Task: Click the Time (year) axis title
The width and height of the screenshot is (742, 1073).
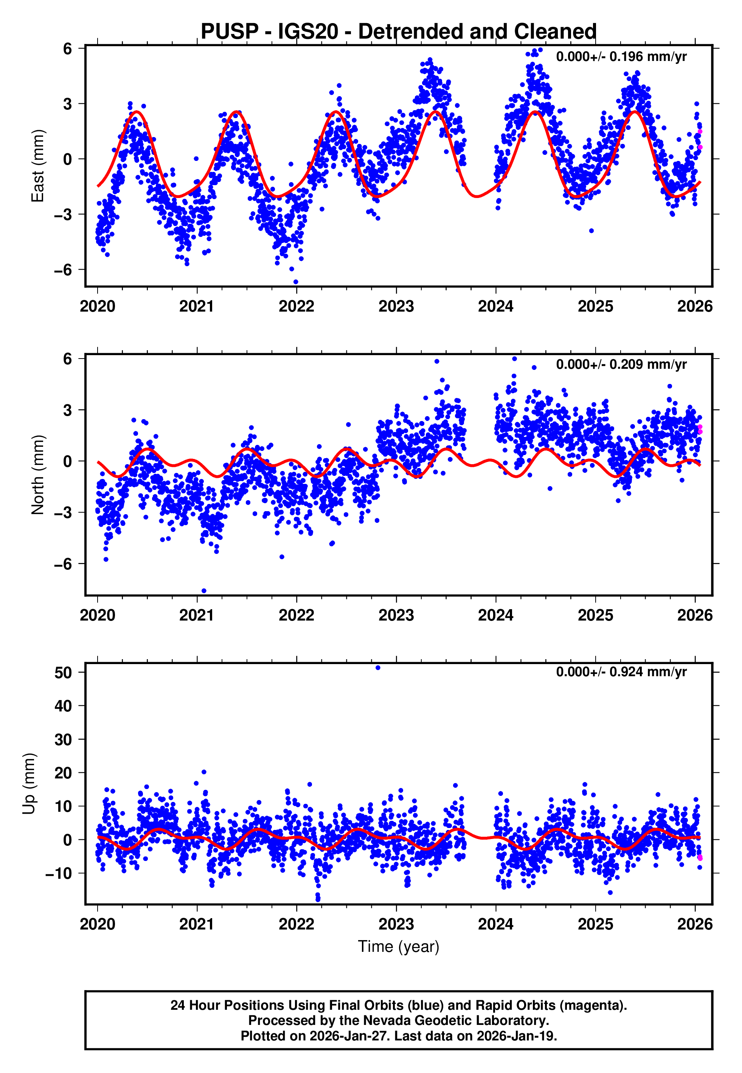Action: click(399, 947)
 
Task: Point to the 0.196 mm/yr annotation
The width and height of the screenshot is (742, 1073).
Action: click(621, 57)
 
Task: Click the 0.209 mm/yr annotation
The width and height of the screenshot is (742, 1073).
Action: click(621, 364)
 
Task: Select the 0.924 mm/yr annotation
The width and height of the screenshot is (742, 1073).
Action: click(621, 672)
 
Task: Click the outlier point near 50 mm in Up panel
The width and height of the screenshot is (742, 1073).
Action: click(378, 668)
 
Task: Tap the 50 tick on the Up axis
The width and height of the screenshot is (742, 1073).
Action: click(63, 673)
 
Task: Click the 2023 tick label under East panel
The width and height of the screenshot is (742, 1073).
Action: click(396, 306)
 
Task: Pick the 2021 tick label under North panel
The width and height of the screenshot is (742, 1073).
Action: click(197, 615)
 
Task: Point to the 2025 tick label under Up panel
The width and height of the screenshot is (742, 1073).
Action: click(595, 924)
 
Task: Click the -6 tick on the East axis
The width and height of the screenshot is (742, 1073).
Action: click(63, 270)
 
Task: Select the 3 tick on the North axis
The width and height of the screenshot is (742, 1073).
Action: click(68, 410)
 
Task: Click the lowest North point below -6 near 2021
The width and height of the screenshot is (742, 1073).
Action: click(203, 591)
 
